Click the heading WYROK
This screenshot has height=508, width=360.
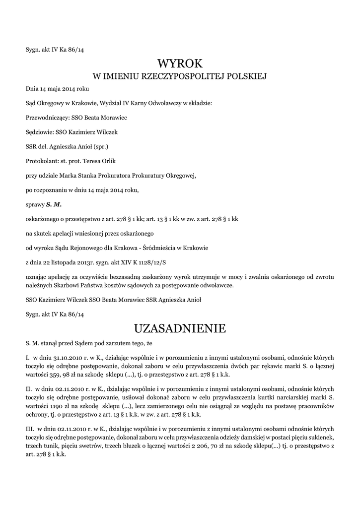pyautogui.click(x=180, y=63)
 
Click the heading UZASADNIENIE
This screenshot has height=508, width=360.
pyautogui.click(x=180, y=328)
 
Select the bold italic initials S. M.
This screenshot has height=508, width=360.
pyautogui.click(x=54, y=204)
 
